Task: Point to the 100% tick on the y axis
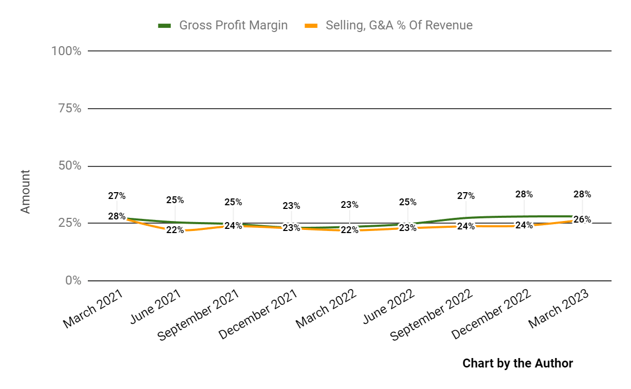(x=66, y=51)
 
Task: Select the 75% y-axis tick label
(x=69, y=109)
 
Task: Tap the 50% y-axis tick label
(x=69, y=166)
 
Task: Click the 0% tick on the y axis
(x=73, y=281)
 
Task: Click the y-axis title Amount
(x=25, y=191)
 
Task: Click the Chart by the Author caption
(x=517, y=363)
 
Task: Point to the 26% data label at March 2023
(x=582, y=219)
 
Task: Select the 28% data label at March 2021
(x=117, y=216)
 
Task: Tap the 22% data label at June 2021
(x=175, y=229)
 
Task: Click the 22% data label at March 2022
(x=349, y=230)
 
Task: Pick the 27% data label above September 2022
(x=466, y=196)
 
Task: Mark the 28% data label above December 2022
(x=524, y=194)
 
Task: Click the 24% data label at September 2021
(x=233, y=226)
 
